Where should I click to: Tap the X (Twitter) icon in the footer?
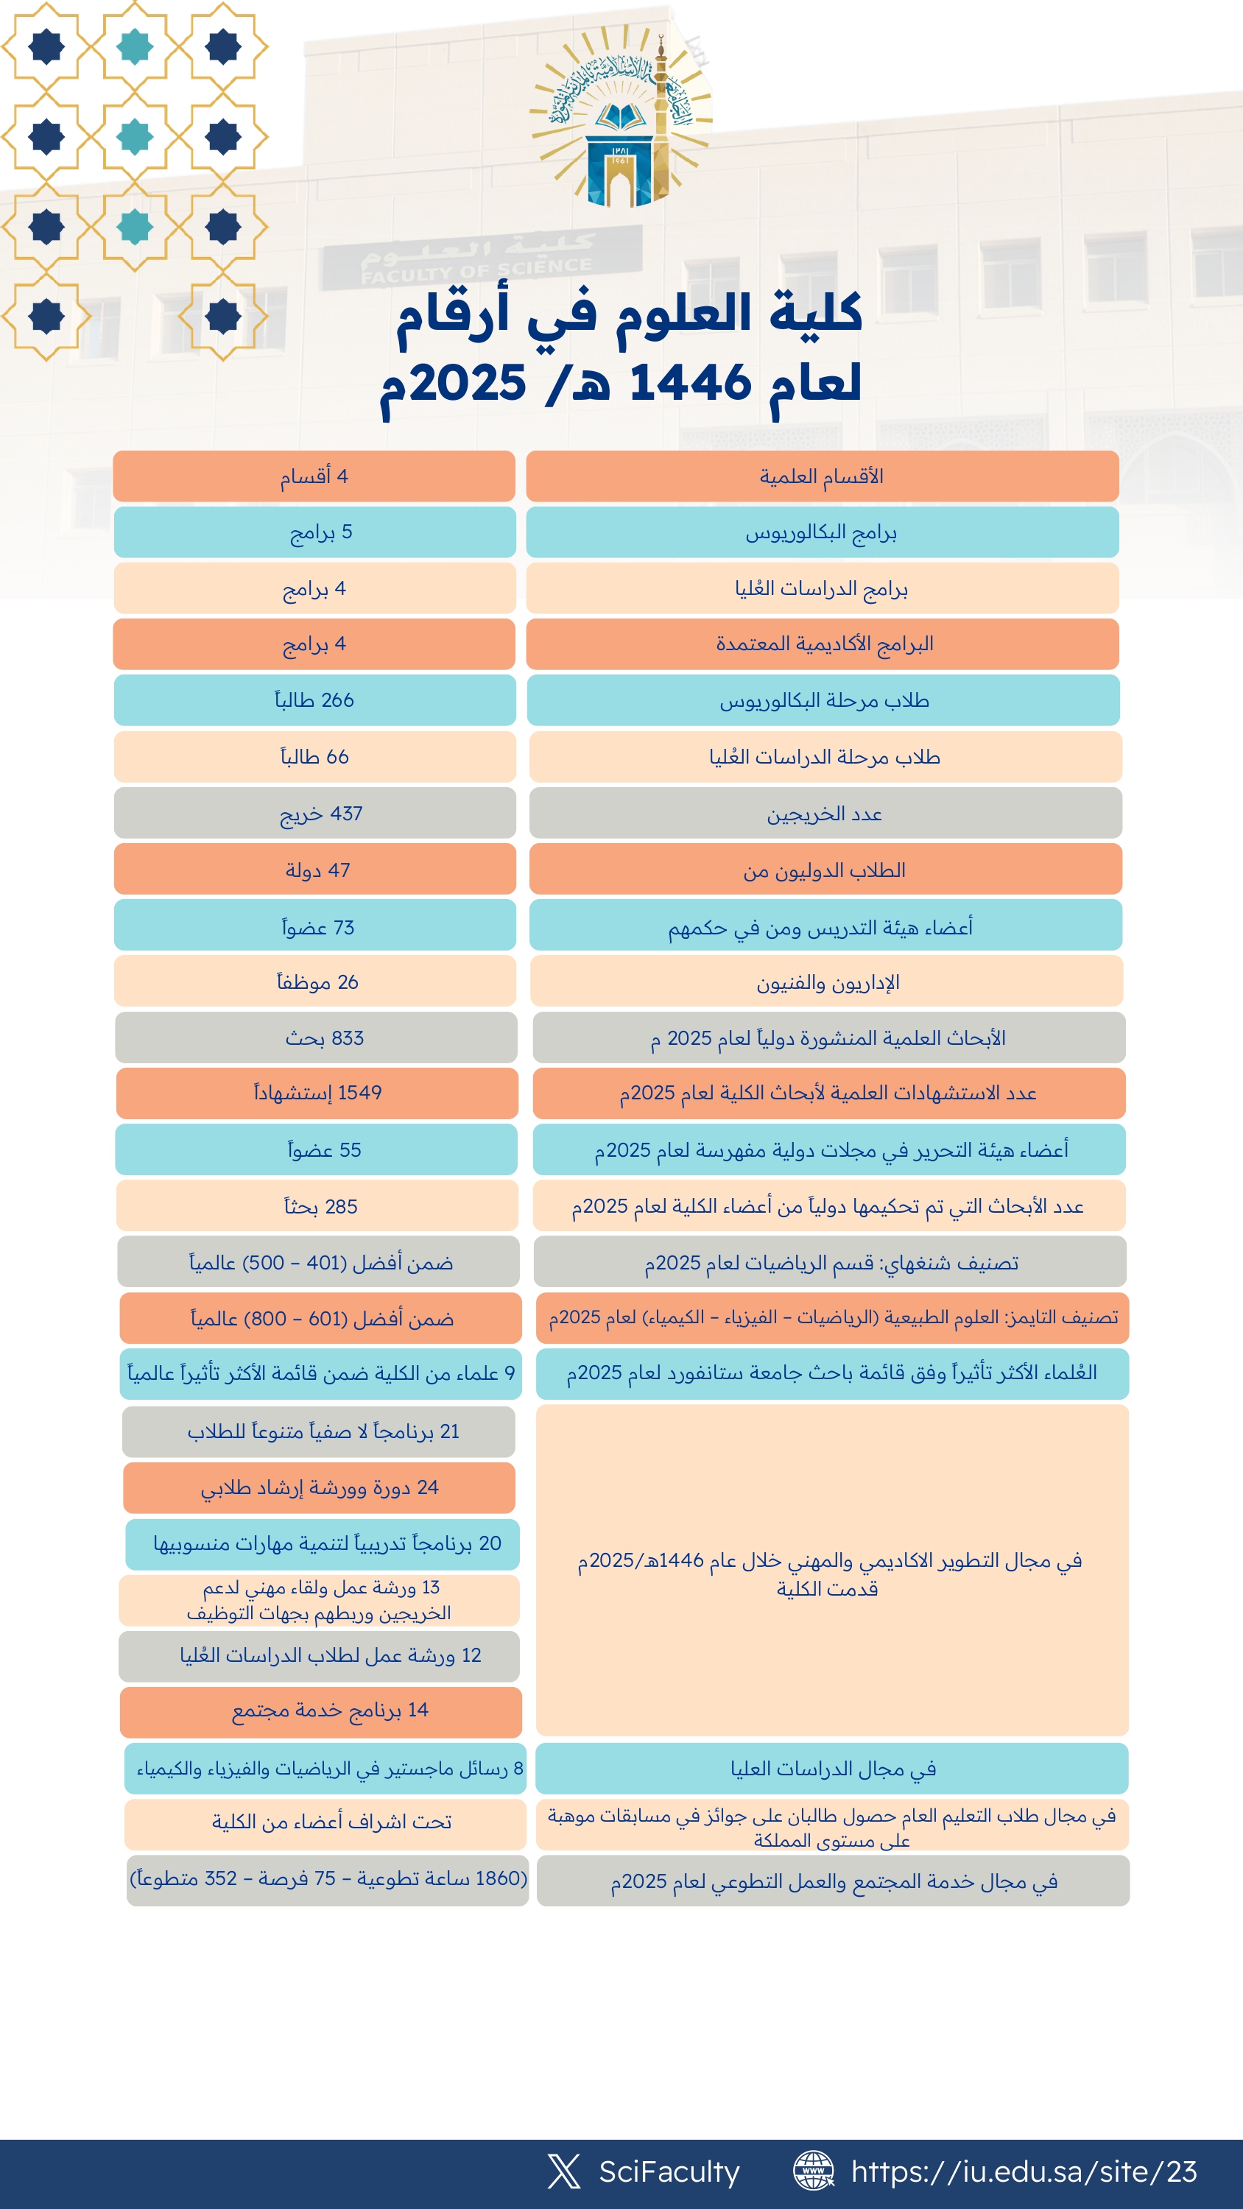point(563,2171)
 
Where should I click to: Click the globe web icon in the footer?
point(812,2171)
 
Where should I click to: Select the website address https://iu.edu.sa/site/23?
point(1024,2171)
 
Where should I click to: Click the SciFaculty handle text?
point(669,2171)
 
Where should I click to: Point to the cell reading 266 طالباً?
point(315,700)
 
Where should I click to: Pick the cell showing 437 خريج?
point(315,813)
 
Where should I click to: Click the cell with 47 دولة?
point(315,870)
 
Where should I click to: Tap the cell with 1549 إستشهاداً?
point(317,1093)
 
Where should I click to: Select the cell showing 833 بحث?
point(317,1037)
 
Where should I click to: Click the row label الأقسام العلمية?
point(822,476)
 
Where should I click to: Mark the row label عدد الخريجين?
point(825,813)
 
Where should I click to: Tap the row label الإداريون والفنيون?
point(827,982)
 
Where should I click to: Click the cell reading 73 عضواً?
point(315,926)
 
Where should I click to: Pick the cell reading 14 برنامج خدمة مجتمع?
point(321,1711)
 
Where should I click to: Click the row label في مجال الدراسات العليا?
point(832,1768)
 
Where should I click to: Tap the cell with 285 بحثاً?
point(317,1205)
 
